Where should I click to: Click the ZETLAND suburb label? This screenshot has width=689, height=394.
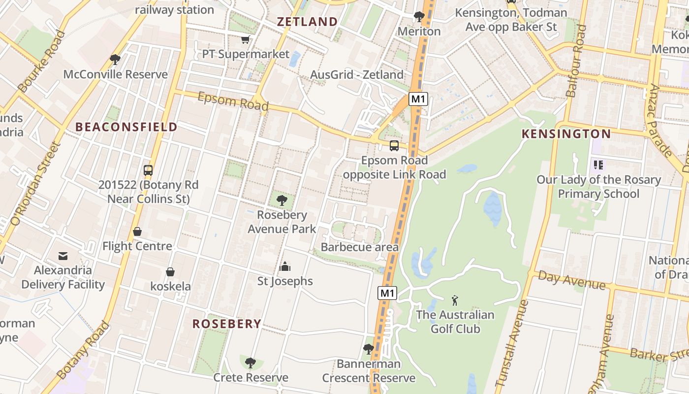[x=307, y=22]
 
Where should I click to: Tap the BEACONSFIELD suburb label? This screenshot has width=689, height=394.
[x=126, y=127]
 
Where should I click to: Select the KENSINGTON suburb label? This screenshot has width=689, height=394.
[x=566, y=134]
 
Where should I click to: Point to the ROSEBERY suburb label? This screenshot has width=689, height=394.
[x=226, y=324]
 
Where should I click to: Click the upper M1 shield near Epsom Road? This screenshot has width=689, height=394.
[x=418, y=99]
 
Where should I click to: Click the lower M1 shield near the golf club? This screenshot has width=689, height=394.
[x=387, y=294]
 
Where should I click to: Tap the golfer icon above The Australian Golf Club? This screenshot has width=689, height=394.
[x=455, y=300]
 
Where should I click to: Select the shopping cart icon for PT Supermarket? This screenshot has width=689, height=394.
[x=245, y=39]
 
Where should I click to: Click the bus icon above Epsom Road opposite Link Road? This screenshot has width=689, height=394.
[x=394, y=146]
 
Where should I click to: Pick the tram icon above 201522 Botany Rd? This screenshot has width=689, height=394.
[x=148, y=170]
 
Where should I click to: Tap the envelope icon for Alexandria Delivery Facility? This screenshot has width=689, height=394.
[x=63, y=256]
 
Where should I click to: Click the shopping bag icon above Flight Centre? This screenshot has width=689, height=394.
[x=137, y=231]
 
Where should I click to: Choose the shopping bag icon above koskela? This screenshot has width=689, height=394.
[x=170, y=272]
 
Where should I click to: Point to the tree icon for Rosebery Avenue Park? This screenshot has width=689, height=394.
[x=282, y=200]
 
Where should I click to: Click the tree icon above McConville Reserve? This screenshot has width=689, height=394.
[x=115, y=60]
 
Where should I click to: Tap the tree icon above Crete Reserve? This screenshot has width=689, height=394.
[x=251, y=363]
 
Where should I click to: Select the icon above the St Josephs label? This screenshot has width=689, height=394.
[x=285, y=267]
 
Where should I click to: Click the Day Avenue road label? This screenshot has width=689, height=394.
[x=571, y=280]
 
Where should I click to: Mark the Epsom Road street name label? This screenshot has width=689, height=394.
[x=233, y=101]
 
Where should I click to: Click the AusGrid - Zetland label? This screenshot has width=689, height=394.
[x=357, y=75]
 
